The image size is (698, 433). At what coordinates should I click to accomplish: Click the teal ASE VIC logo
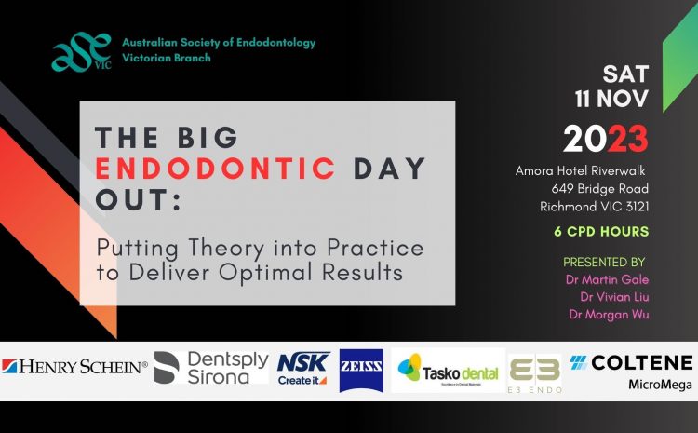[x=81, y=51]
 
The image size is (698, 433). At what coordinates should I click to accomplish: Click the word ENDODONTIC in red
[x=216, y=169]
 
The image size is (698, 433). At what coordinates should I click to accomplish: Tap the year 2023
[x=606, y=139]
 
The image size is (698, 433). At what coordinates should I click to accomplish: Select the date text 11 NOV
[x=611, y=99]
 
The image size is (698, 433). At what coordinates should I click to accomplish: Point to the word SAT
[x=625, y=74]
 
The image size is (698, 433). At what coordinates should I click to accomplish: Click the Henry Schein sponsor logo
[x=74, y=367]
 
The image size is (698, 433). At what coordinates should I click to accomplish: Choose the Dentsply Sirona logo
[x=211, y=368]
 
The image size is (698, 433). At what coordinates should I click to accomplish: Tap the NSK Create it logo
[x=302, y=369]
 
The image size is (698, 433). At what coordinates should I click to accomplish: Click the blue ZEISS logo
[x=361, y=371]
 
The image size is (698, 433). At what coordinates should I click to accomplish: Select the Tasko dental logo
[x=448, y=371]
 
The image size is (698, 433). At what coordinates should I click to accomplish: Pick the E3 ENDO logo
[x=534, y=374]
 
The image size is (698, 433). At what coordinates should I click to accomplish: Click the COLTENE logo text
[x=631, y=363]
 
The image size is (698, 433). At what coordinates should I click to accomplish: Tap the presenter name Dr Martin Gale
[x=607, y=279]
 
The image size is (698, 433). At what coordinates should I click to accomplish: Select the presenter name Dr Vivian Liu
[x=614, y=297]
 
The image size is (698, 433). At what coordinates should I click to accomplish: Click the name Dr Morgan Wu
[x=609, y=315]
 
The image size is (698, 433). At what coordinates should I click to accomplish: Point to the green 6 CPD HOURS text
[x=601, y=232]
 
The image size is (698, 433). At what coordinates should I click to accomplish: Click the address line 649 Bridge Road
[x=599, y=189]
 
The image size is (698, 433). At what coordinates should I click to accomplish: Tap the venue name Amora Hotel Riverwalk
[x=581, y=170]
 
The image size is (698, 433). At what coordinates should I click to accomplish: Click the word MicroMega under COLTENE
[x=660, y=385]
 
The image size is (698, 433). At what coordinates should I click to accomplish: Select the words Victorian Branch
[x=167, y=58]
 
